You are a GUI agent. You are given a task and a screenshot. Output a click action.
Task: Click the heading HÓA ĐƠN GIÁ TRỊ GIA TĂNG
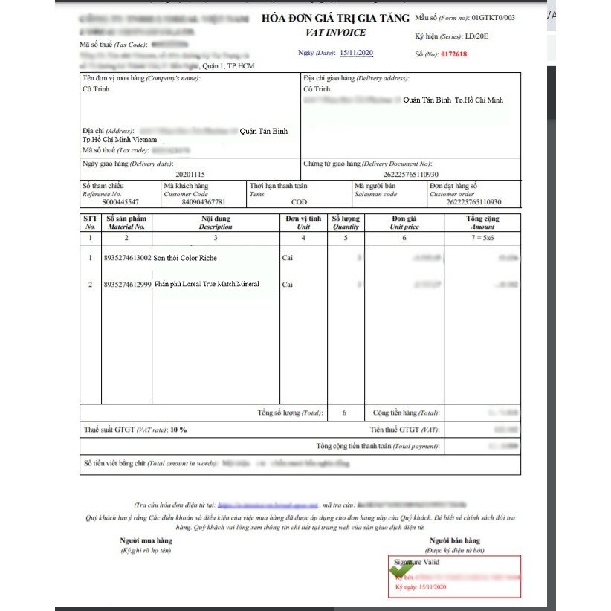(335, 18)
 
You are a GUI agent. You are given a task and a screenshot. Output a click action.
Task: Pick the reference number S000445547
(120, 202)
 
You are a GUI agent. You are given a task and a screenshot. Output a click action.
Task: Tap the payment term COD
(299, 202)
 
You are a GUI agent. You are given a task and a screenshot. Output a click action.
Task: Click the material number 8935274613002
(128, 258)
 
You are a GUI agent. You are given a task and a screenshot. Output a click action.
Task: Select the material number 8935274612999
(128, 284)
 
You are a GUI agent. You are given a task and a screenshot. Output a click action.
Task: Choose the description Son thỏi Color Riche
(186, 258)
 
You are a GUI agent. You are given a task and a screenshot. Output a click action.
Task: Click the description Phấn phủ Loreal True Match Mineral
(207, 284)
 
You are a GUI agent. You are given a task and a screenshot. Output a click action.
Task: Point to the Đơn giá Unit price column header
(404, 222)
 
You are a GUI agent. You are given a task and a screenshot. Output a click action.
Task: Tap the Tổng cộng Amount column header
(482, 222)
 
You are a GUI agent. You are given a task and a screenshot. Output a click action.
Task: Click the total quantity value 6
(344, 413)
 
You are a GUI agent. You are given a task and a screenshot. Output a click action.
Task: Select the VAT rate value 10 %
(178, 430)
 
